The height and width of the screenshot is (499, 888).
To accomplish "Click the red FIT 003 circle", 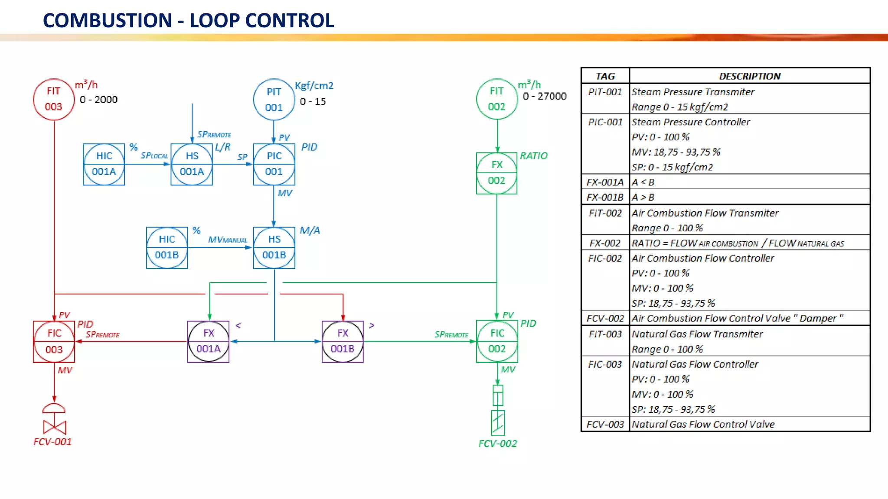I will (x=54, y=99).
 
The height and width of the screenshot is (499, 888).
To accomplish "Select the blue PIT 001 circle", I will (x=274, y=100).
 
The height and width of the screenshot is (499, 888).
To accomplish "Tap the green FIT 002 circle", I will (x=497, y=99).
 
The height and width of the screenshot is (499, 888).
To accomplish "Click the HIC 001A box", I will (x=104, y=164).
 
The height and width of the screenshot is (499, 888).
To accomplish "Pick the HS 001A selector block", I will (x=192, y=164).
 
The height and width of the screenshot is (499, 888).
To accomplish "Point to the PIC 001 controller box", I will (x=274, y=164).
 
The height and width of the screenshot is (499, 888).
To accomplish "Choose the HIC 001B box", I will (x=167, y=247).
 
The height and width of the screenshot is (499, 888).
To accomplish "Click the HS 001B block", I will (x=274, y=247).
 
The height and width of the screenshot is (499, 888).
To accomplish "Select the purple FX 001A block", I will (x=208, y=341).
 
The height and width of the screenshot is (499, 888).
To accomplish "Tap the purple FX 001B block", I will (x=343, y=341).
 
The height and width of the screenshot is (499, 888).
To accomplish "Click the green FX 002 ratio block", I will (x=497, y=173).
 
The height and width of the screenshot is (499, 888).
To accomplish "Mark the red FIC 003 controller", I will (x=54, y=341).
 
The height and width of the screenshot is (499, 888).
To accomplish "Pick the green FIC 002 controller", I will (x=497, y=341).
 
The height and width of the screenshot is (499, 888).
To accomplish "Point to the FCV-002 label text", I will (x=497, y=444).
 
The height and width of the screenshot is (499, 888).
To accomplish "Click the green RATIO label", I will (x=534, y=156).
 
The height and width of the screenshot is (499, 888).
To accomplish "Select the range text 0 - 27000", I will (x=545, y=96).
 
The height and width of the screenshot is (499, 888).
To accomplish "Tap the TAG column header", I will (x=605, y=76).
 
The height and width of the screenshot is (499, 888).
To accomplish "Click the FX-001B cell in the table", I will (x=605, y=198).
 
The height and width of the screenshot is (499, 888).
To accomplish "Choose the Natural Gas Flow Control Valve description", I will (x=703, y=424).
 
